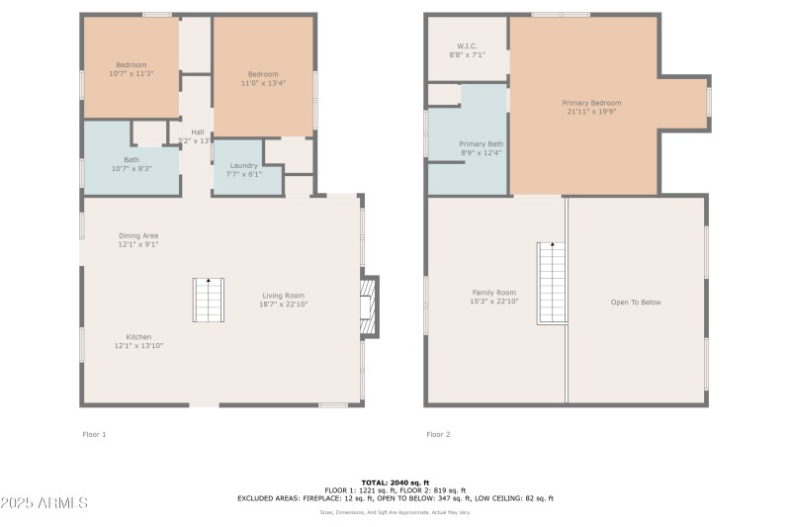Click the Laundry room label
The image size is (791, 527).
pos(244,169)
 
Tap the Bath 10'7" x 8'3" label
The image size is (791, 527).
pos(132,164)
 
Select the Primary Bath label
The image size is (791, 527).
pos(481,148)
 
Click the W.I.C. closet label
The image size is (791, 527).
pos(467,50)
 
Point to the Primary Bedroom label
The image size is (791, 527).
pos(591,107)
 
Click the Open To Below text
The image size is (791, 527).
pos(636,303)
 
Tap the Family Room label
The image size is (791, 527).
pos(493,297)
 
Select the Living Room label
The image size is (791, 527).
pos(283,300)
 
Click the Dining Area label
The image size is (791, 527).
pos(138,239)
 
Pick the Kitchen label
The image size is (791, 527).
pos(138,341)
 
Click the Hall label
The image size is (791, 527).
pos(197,136)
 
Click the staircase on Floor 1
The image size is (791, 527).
pos(209,300)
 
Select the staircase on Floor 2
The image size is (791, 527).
pos(552,283)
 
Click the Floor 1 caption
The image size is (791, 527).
pos(94,434)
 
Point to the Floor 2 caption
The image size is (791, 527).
pos(439,434)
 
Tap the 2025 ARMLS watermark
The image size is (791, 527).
pos(44,503)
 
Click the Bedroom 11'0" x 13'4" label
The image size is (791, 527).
pos(263,79)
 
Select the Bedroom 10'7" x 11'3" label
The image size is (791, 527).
pos(131,69)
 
